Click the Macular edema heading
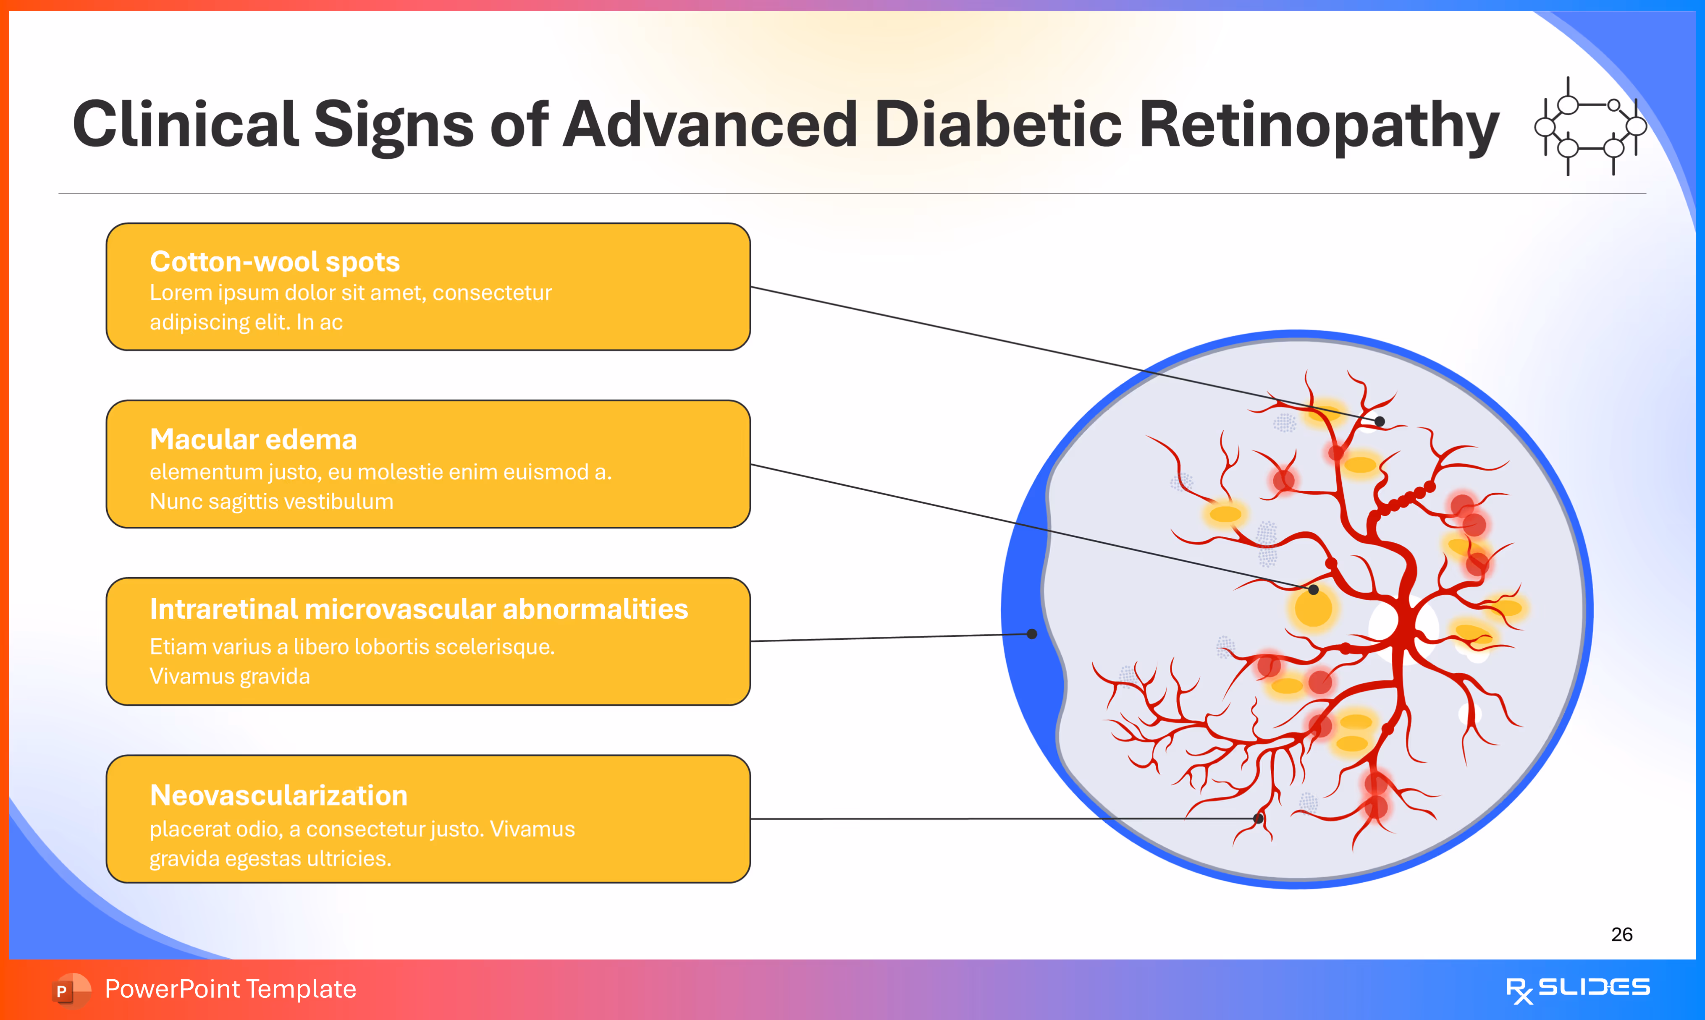coord(253,439)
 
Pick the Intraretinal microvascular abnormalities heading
coord(419,609)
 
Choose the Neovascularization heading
coord(278,795)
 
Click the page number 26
coord(1621,934)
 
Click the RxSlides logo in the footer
coord(1577,989)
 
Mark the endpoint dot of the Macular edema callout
coord(1313,590)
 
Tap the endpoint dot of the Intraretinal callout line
coord(1032,634)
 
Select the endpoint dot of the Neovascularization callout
coord(1258,819)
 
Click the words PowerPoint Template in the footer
coord(230,989)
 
